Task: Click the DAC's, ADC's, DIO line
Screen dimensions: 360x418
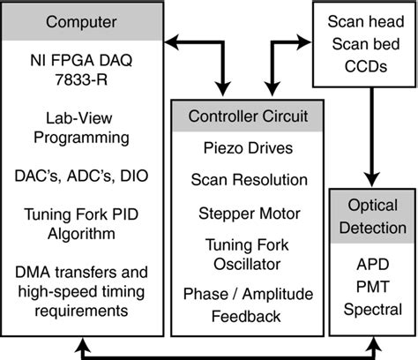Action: coord(81,176)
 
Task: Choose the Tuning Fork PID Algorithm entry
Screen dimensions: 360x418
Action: coord(81,224)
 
